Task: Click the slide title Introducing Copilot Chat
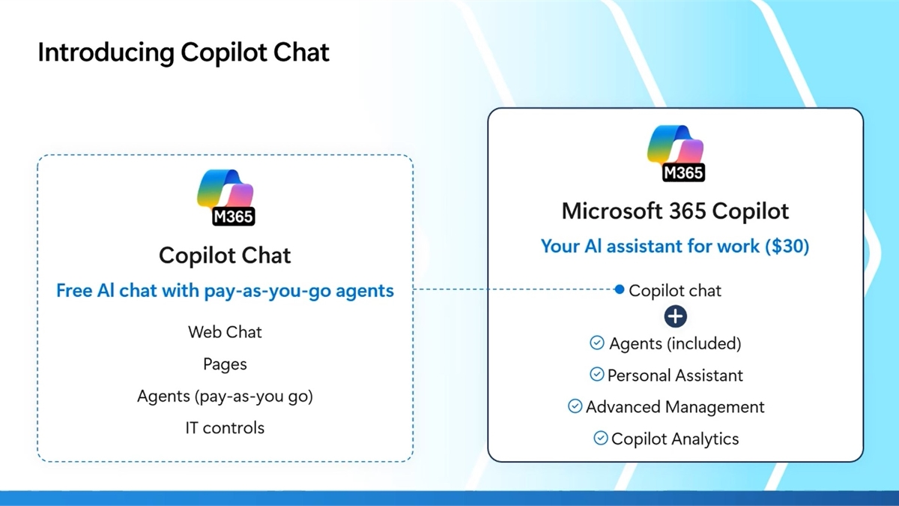click(x=184, y=52)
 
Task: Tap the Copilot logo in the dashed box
click(x=225, y=197)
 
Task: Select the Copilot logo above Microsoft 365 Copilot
click(x=676, y=153)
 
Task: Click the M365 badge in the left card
click(x=233, y=217)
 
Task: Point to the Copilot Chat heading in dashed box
click(x=225, y=256)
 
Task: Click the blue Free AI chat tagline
click(x=225, y=290)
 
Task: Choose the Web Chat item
click(x=225, y=332)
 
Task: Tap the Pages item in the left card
click(x=225, y=364)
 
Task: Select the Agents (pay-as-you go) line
click(x=225, y=397)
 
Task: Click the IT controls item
click(x=225, y=428)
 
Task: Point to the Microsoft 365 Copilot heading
click(x=676, y=211)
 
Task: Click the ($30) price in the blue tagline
click(x=787, y=246)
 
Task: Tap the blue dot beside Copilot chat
click(x=620, y=289)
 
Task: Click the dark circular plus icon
click(x=676, y=316)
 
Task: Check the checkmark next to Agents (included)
click(x=597, y=343)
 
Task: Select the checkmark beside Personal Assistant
click(x=597, y=374)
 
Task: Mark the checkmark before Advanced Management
click(x=575, y=406)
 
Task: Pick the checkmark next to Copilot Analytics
click(x=600, y=438)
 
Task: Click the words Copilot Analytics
click(x=675, y=439)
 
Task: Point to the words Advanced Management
click(x=675, y=407)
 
